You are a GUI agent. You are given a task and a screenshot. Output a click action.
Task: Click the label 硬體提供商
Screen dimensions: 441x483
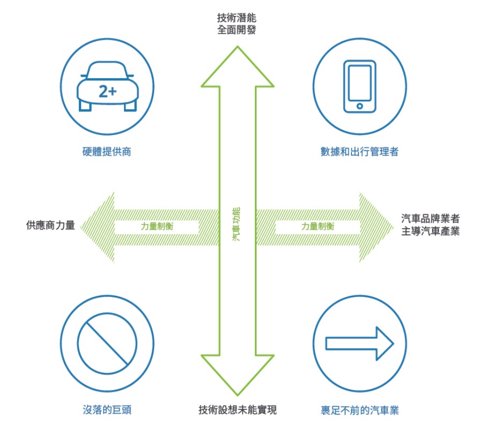[107, 152]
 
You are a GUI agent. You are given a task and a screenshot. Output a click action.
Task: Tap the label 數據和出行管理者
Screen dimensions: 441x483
[359, 152]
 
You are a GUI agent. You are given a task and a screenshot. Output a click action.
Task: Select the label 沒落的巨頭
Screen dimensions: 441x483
[107, 410]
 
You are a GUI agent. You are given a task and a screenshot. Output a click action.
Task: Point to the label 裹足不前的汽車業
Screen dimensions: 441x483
[359, 410]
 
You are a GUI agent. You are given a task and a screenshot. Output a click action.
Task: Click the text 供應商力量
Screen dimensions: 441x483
[50, 226]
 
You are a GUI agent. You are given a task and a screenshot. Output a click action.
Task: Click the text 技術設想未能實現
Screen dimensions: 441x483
[237, 410]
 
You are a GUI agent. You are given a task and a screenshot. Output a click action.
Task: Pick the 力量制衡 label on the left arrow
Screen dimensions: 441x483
[157, 226]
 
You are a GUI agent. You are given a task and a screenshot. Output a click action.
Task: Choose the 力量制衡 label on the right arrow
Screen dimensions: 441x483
[318, 226]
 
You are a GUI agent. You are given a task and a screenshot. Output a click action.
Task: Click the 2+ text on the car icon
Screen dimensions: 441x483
[107, 91]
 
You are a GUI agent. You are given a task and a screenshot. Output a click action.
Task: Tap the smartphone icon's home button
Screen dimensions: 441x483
[359, 106]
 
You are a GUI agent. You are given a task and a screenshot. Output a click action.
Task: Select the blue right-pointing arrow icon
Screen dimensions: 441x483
[360, 343]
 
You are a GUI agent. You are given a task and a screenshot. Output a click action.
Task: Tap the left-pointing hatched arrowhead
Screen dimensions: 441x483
[99, 227]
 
